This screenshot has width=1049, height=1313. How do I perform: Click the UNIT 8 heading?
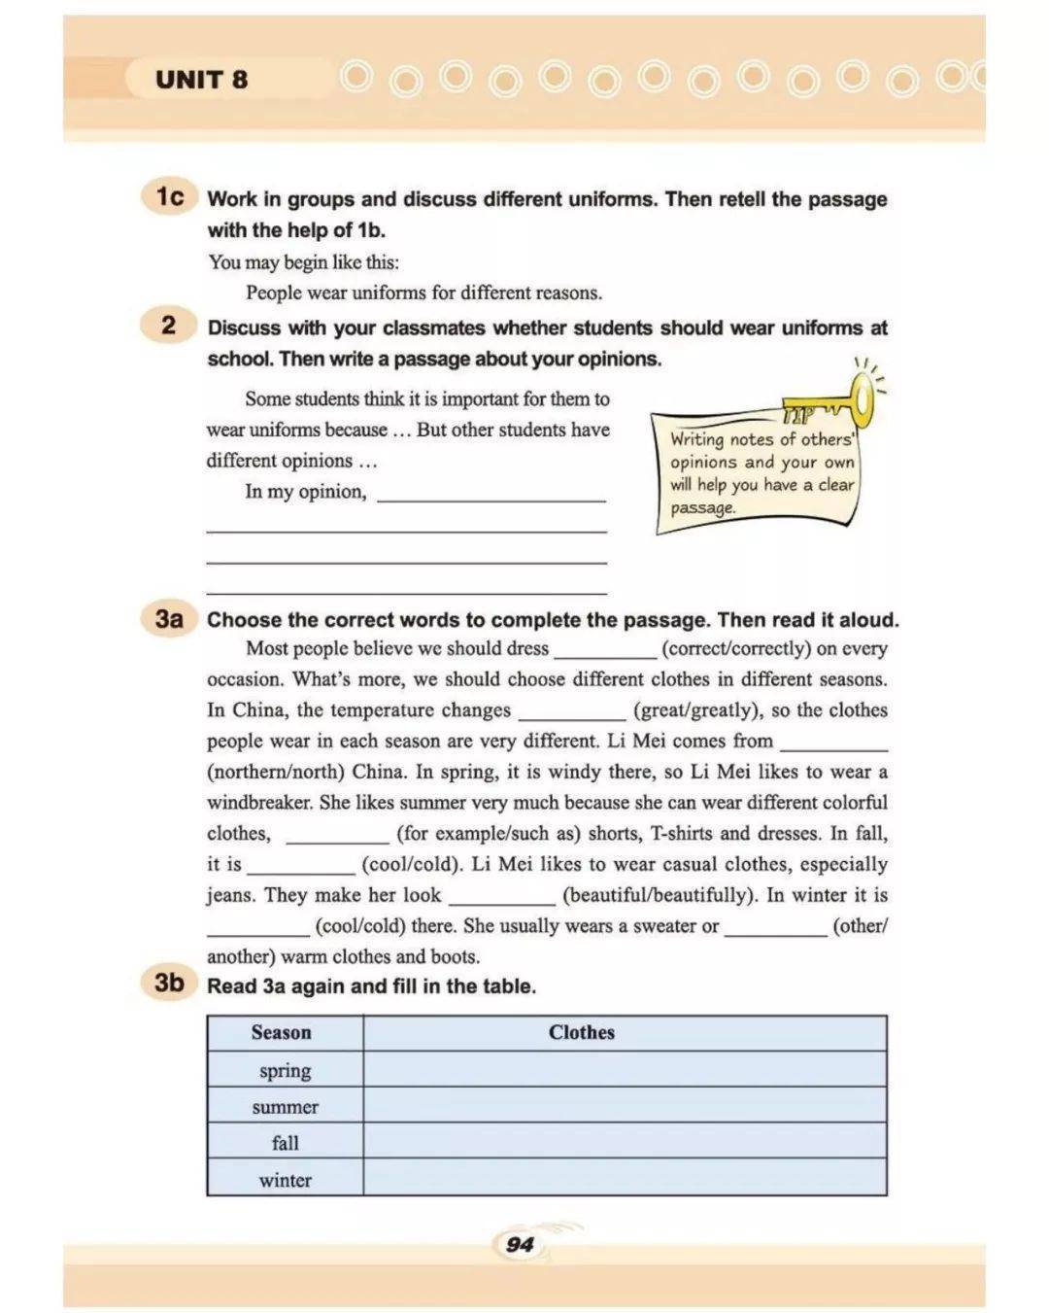coord(201,80)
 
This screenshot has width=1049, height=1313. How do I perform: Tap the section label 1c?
coord(170,196)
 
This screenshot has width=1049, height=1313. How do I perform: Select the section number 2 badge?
coord(169,326)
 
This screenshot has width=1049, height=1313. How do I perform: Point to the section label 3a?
coord(170,618)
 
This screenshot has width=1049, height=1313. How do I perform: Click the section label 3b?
coord(170,983)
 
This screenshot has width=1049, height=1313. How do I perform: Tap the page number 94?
coord(521,1245)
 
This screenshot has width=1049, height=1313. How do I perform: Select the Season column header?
coord(282,1033)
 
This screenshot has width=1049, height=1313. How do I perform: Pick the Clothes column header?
coord(581,1033)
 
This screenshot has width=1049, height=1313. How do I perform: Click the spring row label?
coord(285,1070)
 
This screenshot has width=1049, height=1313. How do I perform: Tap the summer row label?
coord(285,1107)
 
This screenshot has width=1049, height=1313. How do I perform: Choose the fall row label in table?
coord(285,1143)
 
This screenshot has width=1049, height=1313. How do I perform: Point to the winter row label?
coord(285,1180)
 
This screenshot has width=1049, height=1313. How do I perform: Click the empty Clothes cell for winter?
coord(624,1179)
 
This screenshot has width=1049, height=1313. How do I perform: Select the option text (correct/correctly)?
coord(735,649)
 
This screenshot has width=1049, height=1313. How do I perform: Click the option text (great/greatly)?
coord(696,710)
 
